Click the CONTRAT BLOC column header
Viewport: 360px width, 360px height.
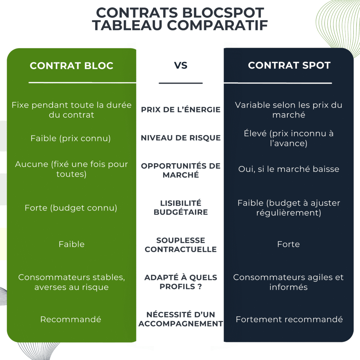point(71,66)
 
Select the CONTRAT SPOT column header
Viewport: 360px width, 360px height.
point(289,65)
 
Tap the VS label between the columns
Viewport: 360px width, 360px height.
point(181,65)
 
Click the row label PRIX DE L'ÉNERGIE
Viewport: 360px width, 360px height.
point(181,110)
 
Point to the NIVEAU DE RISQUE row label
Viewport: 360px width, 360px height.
point(181,138)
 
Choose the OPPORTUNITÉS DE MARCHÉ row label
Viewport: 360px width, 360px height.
point(181,170)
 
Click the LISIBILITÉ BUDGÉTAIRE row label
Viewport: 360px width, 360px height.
point(181,207)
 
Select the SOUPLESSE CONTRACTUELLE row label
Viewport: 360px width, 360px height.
point(181,245)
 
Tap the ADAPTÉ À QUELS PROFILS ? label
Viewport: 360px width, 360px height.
point(181,282)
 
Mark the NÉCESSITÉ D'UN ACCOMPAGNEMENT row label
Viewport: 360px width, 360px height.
point(181,319)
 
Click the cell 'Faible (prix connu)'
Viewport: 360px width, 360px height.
point(71,139)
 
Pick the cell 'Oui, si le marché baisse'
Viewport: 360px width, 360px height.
point(289,169)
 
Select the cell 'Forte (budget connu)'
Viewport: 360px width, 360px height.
point(71,208)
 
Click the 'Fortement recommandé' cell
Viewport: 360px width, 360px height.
point(289,320)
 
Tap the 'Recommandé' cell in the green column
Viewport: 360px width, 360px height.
point(71,320)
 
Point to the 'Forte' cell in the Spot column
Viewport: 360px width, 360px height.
point(288,244)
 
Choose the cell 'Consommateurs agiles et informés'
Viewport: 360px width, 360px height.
point(288,282)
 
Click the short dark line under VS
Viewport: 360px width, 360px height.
point(181,83)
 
